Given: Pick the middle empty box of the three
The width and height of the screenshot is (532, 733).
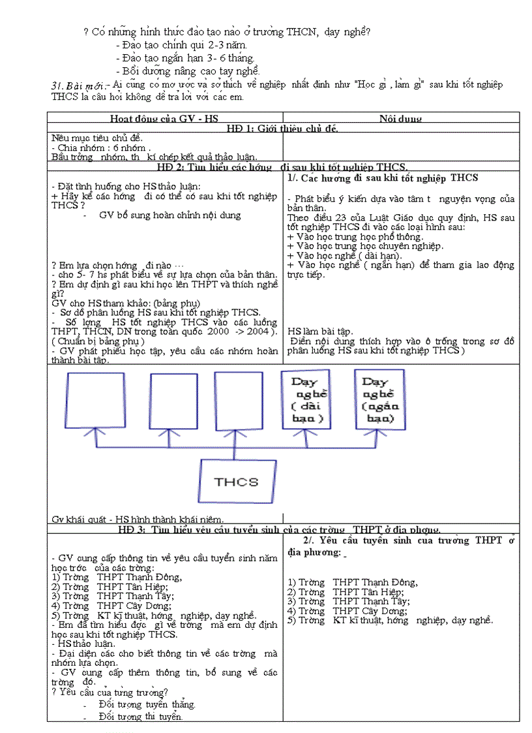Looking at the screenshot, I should [173, 403].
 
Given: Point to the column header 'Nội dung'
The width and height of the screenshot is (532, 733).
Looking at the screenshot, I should [400, 119].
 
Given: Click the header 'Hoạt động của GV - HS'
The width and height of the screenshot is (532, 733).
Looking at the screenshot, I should [164, 119].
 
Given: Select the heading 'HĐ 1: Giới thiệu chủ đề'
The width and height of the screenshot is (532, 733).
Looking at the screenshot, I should [282, 128].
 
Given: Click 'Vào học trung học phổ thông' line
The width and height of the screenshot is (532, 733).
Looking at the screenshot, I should [355, 236].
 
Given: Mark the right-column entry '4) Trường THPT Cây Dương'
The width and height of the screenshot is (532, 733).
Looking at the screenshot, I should [348, 611].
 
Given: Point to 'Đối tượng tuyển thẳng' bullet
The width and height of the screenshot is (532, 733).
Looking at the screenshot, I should [147, 704].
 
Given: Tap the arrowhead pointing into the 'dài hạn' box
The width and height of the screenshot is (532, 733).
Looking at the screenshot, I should [307, 433].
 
